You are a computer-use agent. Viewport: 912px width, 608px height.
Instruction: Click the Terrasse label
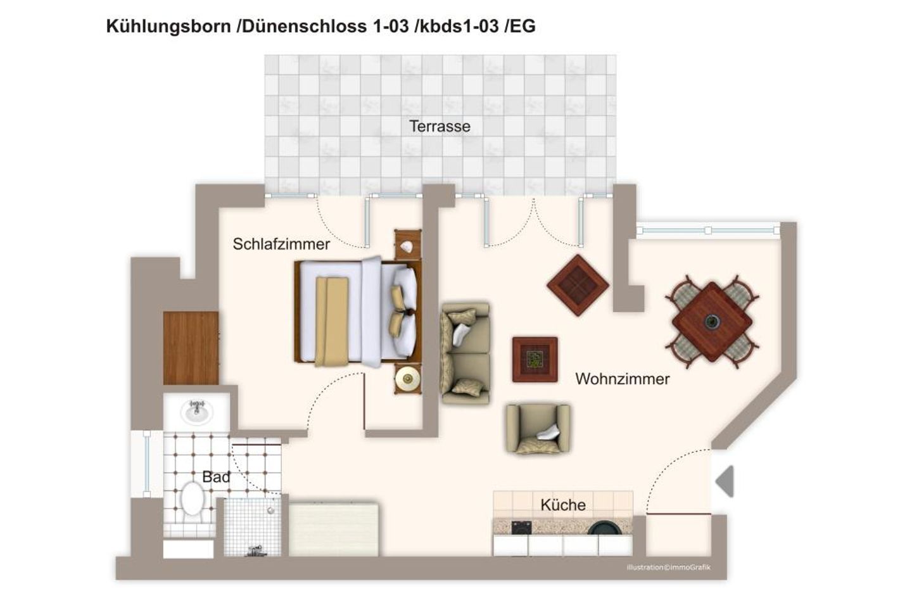pyautogui.click(x=440, y=126)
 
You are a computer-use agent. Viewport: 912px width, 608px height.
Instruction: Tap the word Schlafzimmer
pyautogui.click(x=281, y=244)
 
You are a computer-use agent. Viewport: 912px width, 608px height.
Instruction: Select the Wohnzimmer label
pyautogui.click(x=622, y=379)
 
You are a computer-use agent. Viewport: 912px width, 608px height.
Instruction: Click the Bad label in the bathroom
pyautogui.click(x=216, y=477)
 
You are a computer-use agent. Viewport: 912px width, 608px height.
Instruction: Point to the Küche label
pyautogui.click(x=562, y=505)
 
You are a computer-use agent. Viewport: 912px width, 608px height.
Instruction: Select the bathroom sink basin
pyautogui.click(x=196, y=412)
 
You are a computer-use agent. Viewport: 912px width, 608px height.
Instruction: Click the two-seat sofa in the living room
pyautogui.click(x=465, y=353)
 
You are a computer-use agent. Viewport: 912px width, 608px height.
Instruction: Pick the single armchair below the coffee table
pyautogui.click(x=538, y=429)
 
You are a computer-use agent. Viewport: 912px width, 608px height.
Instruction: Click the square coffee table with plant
pyautogui.click(x=535, y=360)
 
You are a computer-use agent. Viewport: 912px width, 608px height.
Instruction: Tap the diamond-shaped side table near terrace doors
pyautogui.click(x=578, y=285)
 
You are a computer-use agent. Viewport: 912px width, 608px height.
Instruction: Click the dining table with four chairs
pyautogui.click(x=712, y=322)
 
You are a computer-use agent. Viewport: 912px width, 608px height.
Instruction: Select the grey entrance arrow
pyautogui.click(x=725, y=481)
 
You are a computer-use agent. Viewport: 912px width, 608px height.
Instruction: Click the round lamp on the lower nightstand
pyautogui.click(x=407, y=379)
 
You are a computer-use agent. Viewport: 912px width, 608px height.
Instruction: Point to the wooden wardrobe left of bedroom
pyautogui.click(x=191, y=348)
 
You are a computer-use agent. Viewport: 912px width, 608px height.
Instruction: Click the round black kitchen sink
pyautogui.click(x=605, y=527)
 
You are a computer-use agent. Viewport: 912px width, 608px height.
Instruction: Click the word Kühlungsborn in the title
pyautogui.click(x=168, y=26)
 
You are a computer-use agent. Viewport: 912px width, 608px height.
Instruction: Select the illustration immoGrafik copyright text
pyautogui.click(x=668, y=567)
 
